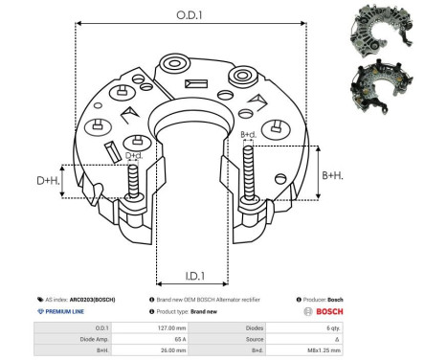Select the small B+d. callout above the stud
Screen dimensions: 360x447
(x=248, y=135)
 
